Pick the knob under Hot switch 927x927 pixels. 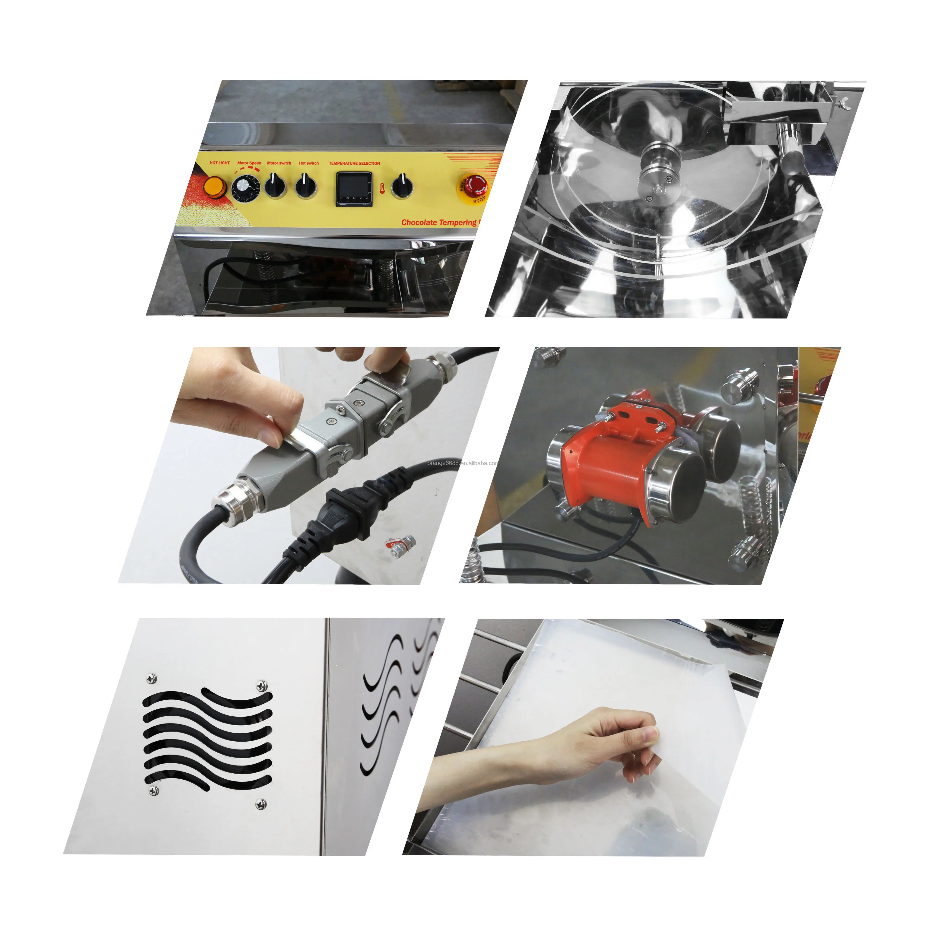point(306,185)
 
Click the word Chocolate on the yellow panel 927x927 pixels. point(419,223)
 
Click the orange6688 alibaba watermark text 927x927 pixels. point(463,463)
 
